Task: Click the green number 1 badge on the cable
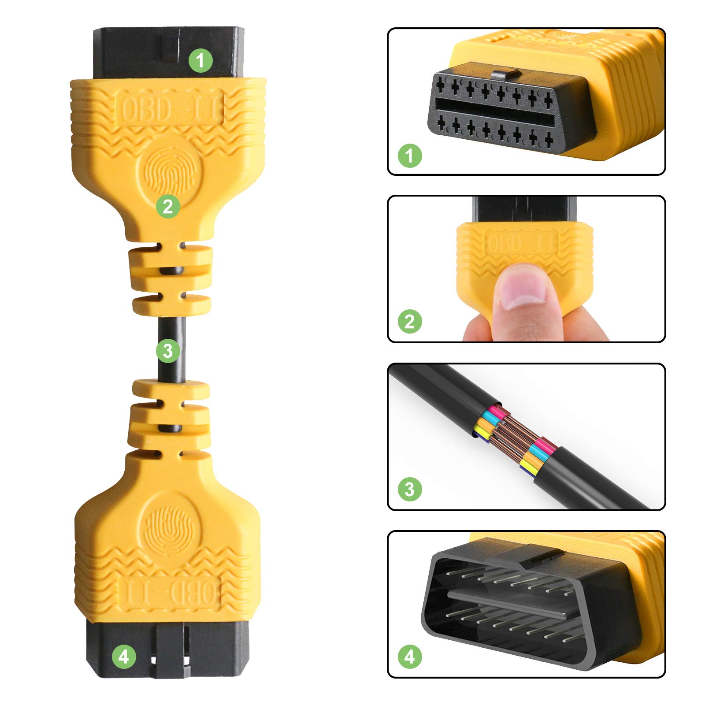[200, 60]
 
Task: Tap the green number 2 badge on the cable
[168, 206]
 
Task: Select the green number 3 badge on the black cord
[168, 351]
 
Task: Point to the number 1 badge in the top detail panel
[410, 156]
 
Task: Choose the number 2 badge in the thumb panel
[410, 322]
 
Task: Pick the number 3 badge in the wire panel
[410, 489]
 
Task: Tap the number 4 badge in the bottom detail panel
[410, 657]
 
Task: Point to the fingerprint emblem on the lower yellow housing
[169, 527]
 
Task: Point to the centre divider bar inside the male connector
[507, 604]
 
